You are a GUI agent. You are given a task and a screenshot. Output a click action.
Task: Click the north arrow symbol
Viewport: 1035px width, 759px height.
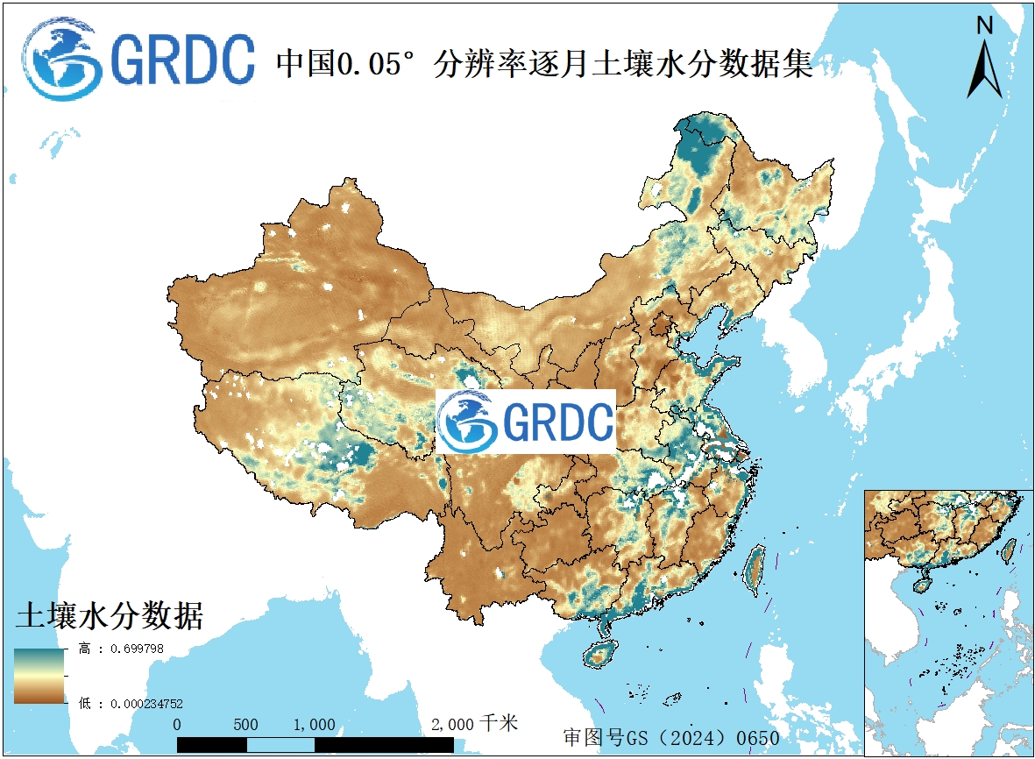[985, 70]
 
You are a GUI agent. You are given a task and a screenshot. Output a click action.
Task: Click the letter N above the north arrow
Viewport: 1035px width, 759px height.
[985, 25]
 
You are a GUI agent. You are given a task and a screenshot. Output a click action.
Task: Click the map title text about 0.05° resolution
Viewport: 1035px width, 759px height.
[544, 64]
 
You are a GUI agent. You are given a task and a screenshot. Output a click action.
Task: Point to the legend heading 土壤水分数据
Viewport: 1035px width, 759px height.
[110, 616]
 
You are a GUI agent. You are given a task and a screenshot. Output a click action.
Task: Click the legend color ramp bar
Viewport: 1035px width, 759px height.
[39, 676]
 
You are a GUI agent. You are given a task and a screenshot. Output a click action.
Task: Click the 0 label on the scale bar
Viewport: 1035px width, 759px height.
[178, 725]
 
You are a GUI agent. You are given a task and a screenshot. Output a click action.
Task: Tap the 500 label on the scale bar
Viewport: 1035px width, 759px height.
[246, 725]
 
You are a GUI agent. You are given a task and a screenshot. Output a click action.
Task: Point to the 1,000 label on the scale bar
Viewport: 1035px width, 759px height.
[315, 725]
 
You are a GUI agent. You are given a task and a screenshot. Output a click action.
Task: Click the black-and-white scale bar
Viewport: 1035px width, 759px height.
[315, 744]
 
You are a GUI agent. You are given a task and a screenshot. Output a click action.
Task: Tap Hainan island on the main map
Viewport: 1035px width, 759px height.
[601, 654]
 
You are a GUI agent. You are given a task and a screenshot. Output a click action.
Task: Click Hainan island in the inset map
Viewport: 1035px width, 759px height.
[922, 585]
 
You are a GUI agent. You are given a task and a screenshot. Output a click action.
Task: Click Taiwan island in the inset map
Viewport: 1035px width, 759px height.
[1009, 550]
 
